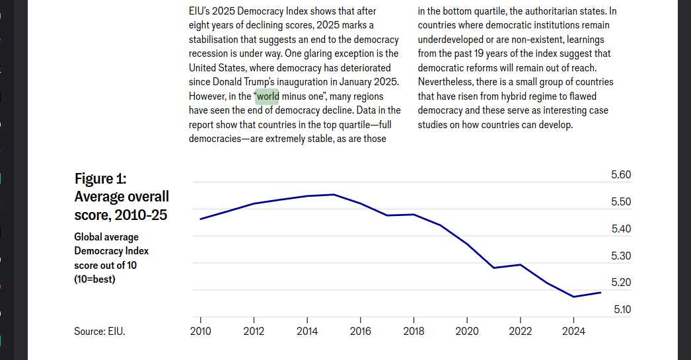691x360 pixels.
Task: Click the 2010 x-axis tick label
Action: [x=201, y=332]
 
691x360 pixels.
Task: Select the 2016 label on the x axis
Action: [x=361, y=332]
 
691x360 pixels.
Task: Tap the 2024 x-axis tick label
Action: [x=573, y=332]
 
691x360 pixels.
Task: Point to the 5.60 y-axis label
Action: [x=621, y=175]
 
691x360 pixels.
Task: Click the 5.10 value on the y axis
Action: [x=622, y=310]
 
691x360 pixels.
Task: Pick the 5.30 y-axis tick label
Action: [x=621, y=256]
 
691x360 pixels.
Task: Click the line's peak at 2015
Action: [x=334, y=194]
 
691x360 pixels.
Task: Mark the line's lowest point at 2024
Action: [x=573, y=297]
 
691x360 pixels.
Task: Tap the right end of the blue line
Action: [x=600, y=293]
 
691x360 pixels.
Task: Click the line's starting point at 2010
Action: [x=201, y=219]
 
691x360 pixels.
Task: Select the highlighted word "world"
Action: [x=268, y=96]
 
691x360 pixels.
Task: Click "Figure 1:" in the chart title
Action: [x=100, y=178]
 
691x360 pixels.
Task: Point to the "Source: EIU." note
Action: [x=100, y=332]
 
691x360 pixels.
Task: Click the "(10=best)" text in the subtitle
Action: [x=94, y=279]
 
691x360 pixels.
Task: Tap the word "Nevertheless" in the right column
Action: [x=445, y=83]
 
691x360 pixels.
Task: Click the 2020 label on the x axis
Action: [x=467, y=332]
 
